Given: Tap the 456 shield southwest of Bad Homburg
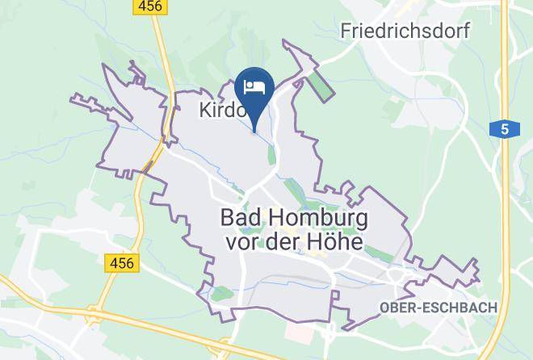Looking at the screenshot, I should point(120,262).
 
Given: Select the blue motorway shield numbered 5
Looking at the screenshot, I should point(504,129).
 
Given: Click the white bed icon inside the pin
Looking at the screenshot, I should point(255,86).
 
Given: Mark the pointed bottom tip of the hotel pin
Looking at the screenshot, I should point(255,130).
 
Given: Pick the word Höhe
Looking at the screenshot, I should point(336,241).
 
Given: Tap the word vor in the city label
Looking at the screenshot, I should point(234,241).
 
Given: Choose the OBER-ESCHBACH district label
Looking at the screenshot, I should point(438,308).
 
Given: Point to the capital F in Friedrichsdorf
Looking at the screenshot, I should point(347,31).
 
